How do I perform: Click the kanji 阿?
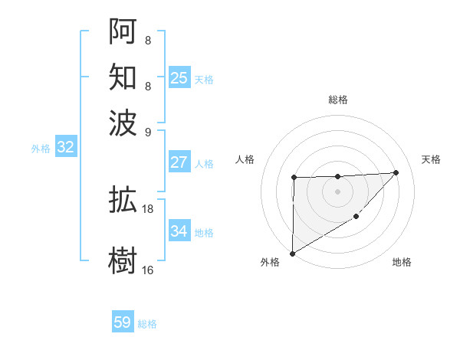[123, 31]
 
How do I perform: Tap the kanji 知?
[123, 77]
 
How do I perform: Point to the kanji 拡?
[123, 200]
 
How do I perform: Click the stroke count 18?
[148, 208]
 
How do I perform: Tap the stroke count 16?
[148, 270]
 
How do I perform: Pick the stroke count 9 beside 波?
[148, 130]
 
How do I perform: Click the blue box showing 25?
[179, 77]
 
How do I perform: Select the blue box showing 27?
[179, 162]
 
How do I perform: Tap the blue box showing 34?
[179, 231]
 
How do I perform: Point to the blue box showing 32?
[65, 148]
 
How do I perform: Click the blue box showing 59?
[123, 322]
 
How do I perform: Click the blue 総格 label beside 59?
[147, 324]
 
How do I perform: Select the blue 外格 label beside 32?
[41, 149]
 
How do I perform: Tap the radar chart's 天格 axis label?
[431, 159]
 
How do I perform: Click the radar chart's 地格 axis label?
[402, 262]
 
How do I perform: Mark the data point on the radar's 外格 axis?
[292, 253]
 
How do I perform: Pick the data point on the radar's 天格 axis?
[396, 172]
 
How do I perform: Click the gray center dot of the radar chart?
[337, 191]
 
